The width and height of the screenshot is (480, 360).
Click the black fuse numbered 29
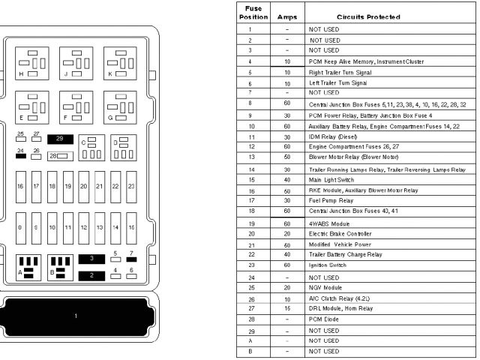[60, 139]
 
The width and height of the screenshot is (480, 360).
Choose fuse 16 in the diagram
[20, 185]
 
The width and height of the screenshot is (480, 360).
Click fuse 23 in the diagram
[131, 185]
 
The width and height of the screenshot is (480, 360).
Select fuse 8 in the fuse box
[20, 226]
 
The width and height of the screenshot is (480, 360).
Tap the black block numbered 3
[91, 258]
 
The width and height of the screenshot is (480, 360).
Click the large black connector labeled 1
[76, 316]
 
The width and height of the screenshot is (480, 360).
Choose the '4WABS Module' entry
[329, 223]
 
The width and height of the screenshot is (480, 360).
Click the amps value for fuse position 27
[286, 308]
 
